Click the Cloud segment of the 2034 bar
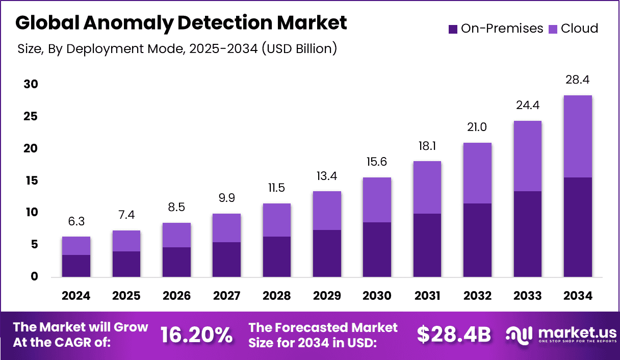(x=578, y=136)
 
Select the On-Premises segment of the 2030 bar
(x=377, y=249)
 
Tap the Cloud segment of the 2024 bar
(x=76, y=245)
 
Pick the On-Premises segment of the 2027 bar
(x=226, y=259)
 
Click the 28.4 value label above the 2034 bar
(x=578, y=80)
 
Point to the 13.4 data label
(x=327, y=176)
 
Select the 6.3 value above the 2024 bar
(x=76, y=221)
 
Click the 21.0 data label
(x=477, y=127)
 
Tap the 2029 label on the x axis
(x=327, y=296)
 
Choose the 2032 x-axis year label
(x=477, y=296)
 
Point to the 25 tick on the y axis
(x=31, y=117)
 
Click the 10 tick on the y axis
(x=31, y=212)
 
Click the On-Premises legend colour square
(x=453, y=29)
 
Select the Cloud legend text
(x=579, y=29)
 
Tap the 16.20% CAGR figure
(x=196, y=335)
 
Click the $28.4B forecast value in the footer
(x=454, y=335)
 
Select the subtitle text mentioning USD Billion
(x=177, y=49)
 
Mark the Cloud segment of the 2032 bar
(x=477, y=173)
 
